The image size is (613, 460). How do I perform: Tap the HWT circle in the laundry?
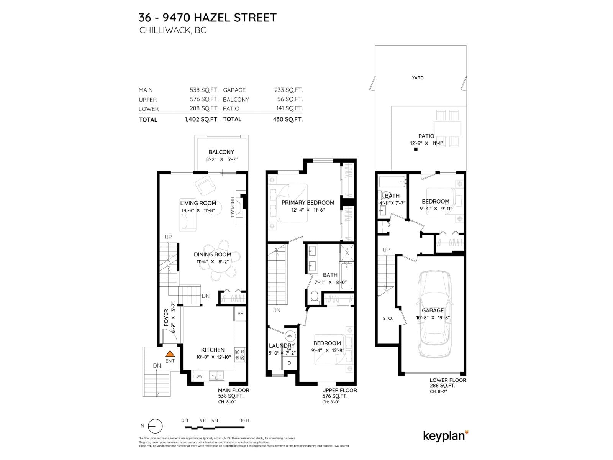tap(290, 336)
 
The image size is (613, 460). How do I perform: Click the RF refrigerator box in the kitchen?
tap(240, 314)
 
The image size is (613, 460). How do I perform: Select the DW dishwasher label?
tap(199, 376)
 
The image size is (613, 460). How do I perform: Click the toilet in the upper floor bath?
tap(315, 296)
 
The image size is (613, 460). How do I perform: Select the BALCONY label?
tap(221, 152)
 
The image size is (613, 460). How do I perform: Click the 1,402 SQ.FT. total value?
tap(201, 119)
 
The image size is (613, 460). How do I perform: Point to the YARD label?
tap(418, 78)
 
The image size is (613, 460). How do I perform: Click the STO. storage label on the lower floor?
tap(388, 318)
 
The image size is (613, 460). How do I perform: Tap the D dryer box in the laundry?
tap(289, 363)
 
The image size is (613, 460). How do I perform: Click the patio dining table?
tap(447, 128)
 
